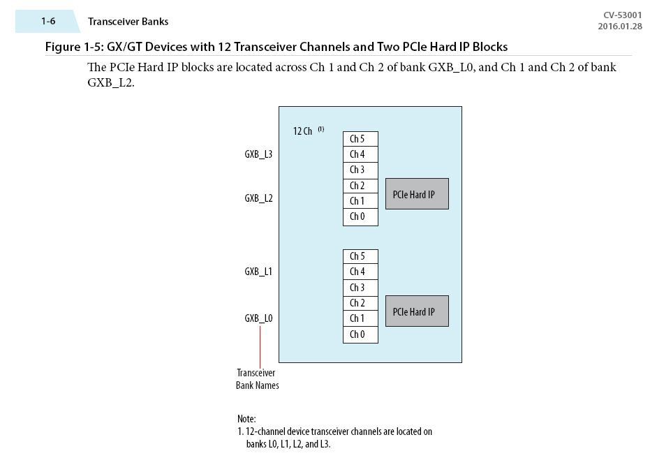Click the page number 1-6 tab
coord(47,22)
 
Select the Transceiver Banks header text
coord(128,22)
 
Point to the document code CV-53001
coord(622,15)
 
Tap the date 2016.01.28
coord(619,27)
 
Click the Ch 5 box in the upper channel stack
coord(360,139)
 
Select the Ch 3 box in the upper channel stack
coord(360,170)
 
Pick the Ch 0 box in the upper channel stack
coord(360,216)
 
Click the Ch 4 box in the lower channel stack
coord(360,272)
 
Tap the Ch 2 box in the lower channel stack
coord(360,303)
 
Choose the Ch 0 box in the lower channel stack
coord(360,334)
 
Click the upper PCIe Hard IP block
coord(417,194)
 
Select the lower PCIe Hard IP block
coord(417,311)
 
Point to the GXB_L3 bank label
coord(258,154)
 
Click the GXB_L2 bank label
coord(258,198)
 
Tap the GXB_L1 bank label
coord(258,272)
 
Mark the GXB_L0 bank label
coord(258,318)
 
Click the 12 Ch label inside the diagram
coord(303,131)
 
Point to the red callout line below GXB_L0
coord(260,346)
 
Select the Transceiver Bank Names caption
coord(257,379)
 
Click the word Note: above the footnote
coord(246,419)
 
